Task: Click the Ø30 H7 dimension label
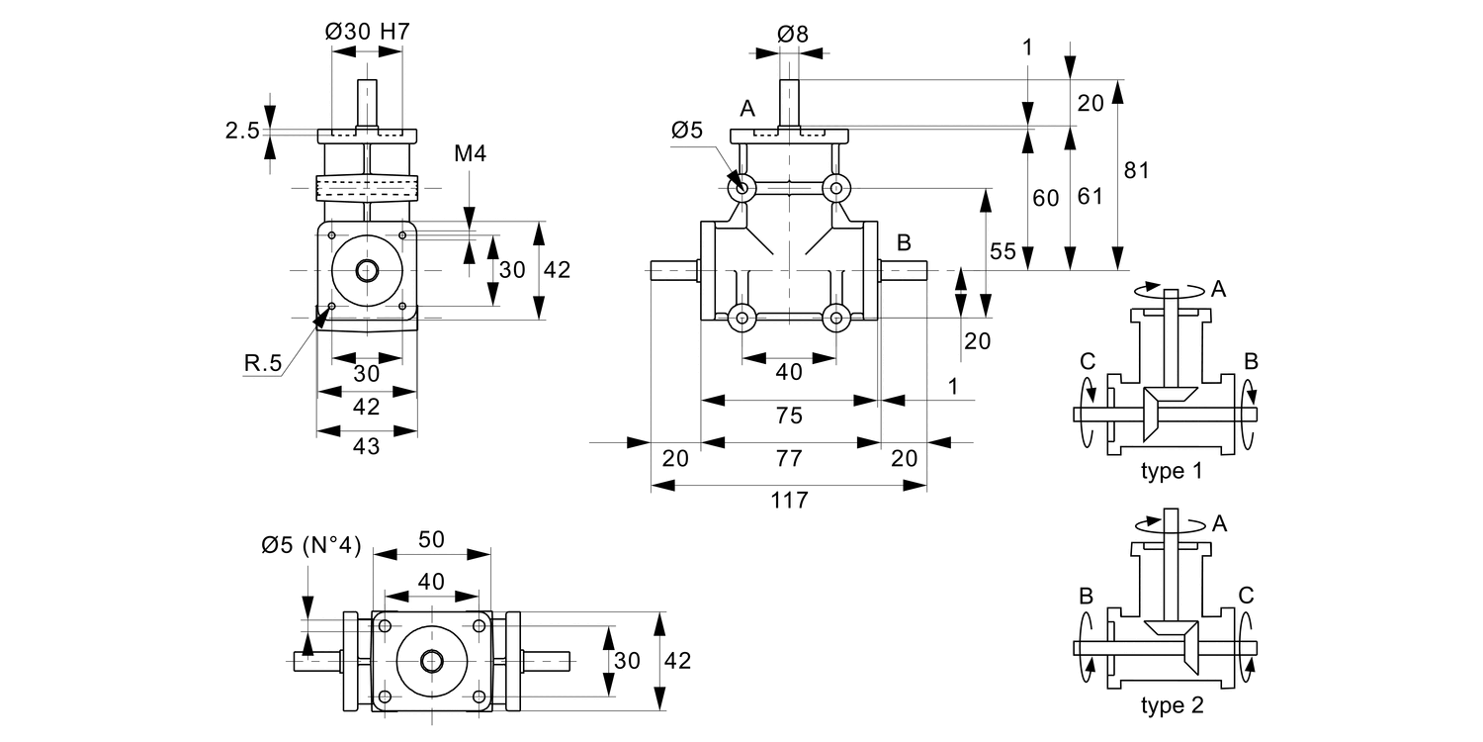point(367,32)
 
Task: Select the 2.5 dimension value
point(242,130)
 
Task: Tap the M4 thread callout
point(471,153)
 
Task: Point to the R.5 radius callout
point(263,363)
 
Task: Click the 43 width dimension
point(367,446)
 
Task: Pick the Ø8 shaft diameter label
point(792,34)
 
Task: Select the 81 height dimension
point(1137,169)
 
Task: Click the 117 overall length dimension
point(789,501)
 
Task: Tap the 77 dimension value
point(789,458)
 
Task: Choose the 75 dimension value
point(789,416)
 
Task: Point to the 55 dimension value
point(1003,251)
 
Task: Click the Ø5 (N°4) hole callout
point(310,545)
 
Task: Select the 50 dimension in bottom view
point(431,539)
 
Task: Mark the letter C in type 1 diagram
point(1088,362)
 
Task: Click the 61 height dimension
point(1090,196)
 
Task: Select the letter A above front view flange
point(746,108)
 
